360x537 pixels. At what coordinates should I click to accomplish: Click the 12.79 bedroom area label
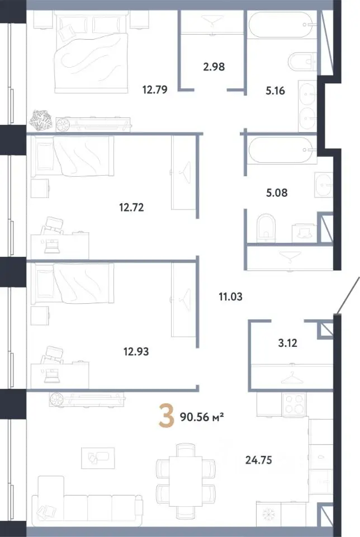coord(155,89)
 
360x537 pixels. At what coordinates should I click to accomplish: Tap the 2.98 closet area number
coord(214,66)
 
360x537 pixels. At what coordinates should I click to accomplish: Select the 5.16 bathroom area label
coord(275,91)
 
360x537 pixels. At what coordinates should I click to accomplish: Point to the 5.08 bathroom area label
coord(277,193)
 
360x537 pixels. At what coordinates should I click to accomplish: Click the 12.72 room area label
coord(131,207)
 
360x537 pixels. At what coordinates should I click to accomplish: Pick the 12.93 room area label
coord(136,351)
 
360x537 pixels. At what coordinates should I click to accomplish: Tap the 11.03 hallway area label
coord(231,296)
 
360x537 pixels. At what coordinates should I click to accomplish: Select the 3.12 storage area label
coord(287,343)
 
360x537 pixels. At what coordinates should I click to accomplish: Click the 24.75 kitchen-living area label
coord(259,460)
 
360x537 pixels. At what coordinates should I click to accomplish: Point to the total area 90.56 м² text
coord(202,417)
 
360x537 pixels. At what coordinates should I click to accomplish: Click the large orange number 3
coord(166,416)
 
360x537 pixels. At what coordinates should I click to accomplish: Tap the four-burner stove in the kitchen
coord(294,404)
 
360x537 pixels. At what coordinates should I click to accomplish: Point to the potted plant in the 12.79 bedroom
coord(40,120)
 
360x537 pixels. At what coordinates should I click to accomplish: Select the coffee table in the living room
coord(98,458)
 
